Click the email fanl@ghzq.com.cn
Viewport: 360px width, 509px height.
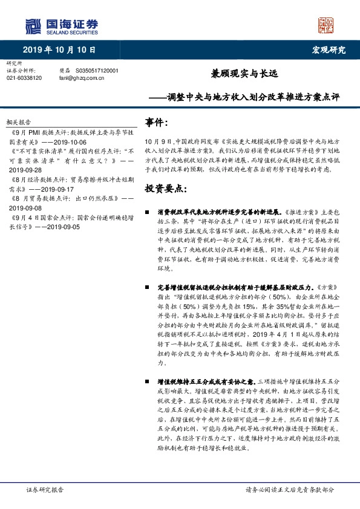point(81,78)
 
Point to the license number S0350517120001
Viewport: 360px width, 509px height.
point(97,71)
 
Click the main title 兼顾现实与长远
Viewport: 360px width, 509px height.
point(243,74)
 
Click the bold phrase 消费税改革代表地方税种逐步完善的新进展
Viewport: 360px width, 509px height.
point(217,213)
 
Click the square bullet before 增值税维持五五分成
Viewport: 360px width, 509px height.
point(148,382)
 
